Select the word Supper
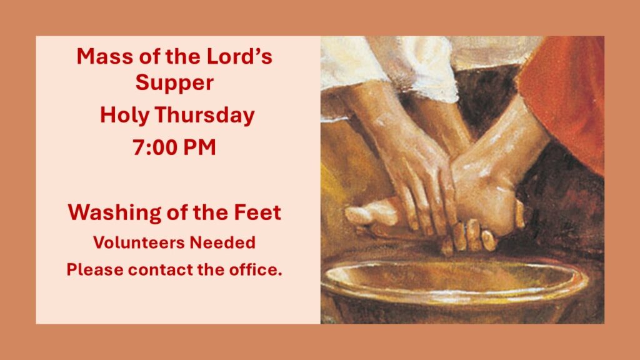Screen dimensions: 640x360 pyautogui.click(x=174, y=84)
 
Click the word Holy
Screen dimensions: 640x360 pyautogui.click(x=125, y=116)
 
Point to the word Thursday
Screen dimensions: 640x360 pyautogui.click(x=205, y=116)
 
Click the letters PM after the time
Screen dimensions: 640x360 pyautogui.click(x=199, y=147)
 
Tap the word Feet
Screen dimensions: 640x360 pyautogui.click(x=257, y=212)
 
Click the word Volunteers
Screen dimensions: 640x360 pyautogui.click(x=139, y=242)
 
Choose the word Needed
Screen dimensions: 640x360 pyautogui.click(x=222, y=242)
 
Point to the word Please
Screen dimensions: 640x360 pyautogui.click(x=95, y=270)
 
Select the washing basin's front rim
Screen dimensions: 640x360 pyautogui.click(x=453, y=297)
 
